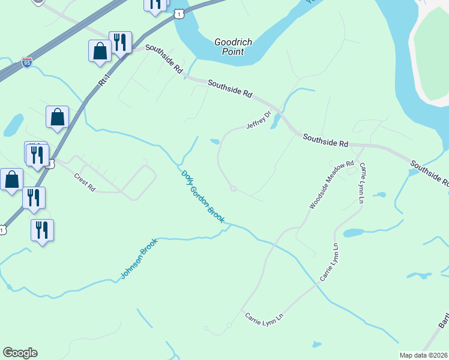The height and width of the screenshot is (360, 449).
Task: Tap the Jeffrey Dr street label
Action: pos(259,120)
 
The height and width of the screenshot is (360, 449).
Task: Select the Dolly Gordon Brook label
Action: pos(203,197)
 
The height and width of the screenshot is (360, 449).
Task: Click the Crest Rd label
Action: pos(85,182)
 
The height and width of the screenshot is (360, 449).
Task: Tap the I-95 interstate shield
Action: pos(26,62)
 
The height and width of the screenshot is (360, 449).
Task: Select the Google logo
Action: pos(20,353)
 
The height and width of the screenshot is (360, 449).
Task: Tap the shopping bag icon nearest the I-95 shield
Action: pos(100,52)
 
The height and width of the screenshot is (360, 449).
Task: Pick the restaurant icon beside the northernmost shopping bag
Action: pos(120,43)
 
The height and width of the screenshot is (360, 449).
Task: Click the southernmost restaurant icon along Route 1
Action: pos(42,230)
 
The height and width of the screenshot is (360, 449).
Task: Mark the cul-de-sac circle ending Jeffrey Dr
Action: pos(233,189)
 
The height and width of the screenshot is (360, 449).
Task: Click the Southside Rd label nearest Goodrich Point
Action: pos(163,59)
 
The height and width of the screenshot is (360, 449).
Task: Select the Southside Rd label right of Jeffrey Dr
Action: pos(325,140)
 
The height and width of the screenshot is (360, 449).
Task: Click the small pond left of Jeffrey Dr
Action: pos(214,142)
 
